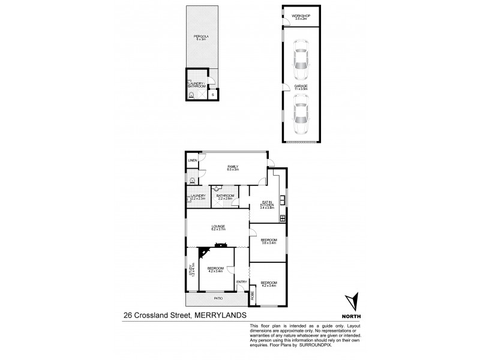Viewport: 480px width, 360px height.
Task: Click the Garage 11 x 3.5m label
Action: (301, 88)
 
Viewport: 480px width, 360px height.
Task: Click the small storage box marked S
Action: (212, 94)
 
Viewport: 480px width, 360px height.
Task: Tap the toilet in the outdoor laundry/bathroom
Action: (191, 95)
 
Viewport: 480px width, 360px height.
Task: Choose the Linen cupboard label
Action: (193, 161)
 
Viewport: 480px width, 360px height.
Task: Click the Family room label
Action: (233, 168)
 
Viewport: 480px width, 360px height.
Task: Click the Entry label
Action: (241, 282)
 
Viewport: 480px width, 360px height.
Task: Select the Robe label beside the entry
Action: (253, 295)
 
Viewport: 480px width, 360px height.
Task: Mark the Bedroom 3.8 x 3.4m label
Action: (268, 242)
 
